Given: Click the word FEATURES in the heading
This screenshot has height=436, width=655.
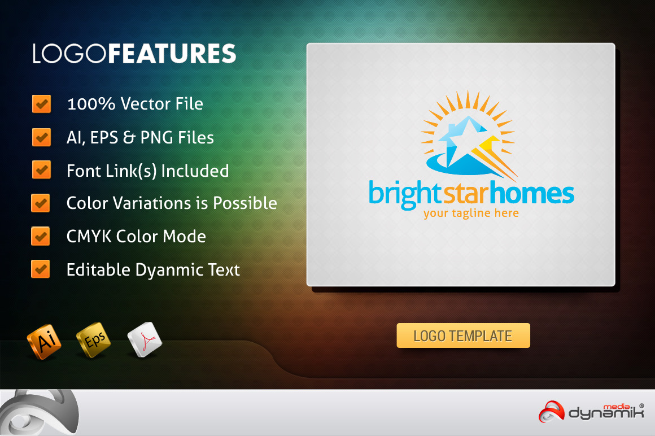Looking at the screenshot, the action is (x=172, y=54).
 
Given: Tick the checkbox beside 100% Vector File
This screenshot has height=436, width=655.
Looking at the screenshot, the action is (x=41, y=103).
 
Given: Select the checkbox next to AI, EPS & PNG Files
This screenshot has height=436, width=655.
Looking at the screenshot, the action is (x=41, y=137).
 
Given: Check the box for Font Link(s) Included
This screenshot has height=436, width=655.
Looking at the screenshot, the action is (x=41, y=170).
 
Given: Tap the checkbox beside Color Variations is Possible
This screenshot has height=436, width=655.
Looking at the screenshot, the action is (x=41, y=203).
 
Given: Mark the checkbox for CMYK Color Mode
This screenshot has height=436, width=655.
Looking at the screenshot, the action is (x=41, y=236).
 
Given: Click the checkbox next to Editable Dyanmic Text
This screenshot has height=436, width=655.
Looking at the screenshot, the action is (x=41, y=269).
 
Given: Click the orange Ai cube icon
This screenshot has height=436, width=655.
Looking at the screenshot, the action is (x=44, y=341).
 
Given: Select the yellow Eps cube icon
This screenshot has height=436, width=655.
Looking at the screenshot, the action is (x=94, y=340).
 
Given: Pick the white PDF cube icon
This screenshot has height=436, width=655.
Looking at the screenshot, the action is (x=145, y=339).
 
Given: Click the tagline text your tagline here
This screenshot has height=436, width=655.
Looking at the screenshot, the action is (x=471, y=213).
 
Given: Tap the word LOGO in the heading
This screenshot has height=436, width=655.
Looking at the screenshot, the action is (x=70, y=54).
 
